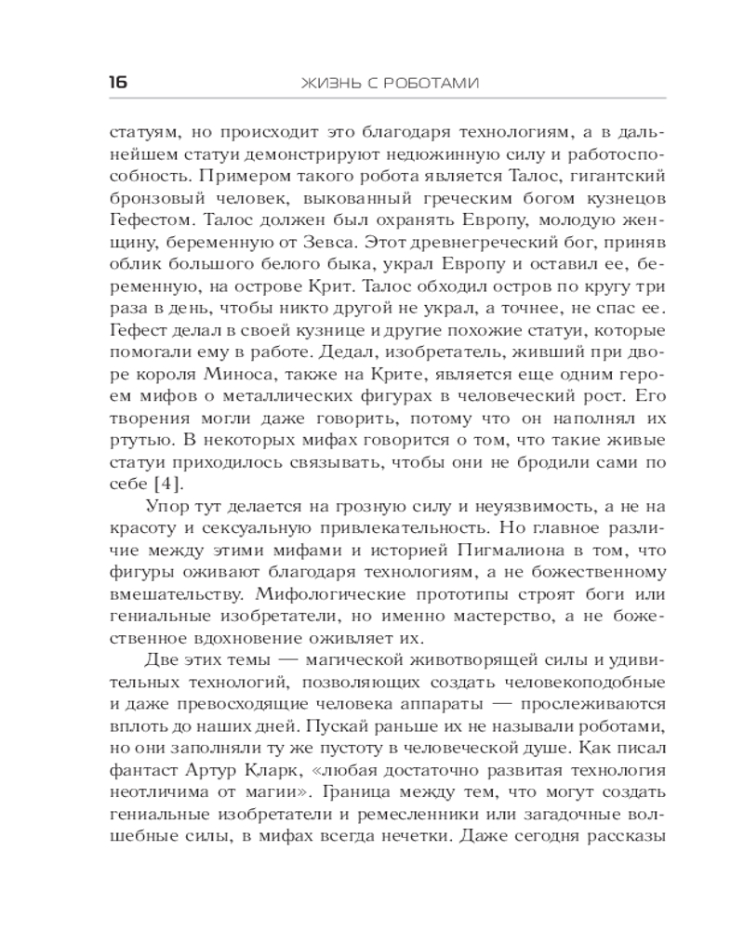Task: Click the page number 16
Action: point(117,83)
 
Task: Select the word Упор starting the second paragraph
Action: point(167,506)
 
